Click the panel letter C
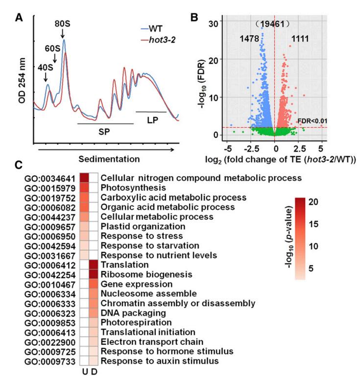click(x=20, y=166)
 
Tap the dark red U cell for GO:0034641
click(x=84, y=177)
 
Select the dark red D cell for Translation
click(x=93, y=265)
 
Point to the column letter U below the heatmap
click(x=84, y=372)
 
